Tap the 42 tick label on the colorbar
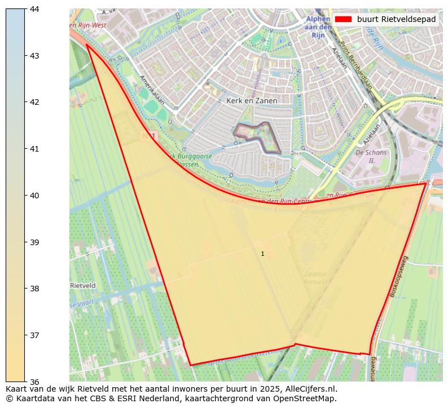(x=34, y=102)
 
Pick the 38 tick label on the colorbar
(x=34, y=289)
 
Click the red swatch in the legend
(x=343, y=19)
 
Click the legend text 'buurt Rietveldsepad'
(x=396, y=19)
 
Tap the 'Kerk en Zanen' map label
(x=252, y=101)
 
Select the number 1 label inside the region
(x=262, y=254)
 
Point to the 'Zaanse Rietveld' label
(x=315, y=278)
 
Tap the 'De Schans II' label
(x=371, y=156)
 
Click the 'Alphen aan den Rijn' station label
(x=318, y=26)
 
